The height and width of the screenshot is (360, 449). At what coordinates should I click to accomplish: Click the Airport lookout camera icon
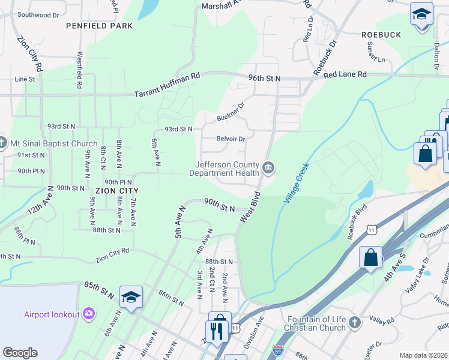pyautogui.click(x=89, y=313)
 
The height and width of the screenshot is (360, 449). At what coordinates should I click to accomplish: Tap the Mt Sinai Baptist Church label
pyautogui.click(x=53, y=143)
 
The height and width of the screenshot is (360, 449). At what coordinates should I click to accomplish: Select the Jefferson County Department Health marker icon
pyautogui.click(x=268, y=168)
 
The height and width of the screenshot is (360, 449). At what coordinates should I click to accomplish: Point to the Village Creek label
pyautogui.click(x=296, y=182)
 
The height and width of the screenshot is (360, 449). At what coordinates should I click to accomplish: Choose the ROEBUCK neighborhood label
pyautogui.click(x=381, y=35)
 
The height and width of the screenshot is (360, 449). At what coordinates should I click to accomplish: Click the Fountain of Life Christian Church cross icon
pyautogui.click(x=355, y=323)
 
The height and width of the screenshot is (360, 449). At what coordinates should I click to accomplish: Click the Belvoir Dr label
pyautogui.click(x=231, y=139)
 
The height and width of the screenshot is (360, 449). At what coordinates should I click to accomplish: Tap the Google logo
pyautogui.click(x=20, y=353)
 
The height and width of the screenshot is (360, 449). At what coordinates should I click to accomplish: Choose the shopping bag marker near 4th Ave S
pyautogui.click(x=371, y=257)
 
